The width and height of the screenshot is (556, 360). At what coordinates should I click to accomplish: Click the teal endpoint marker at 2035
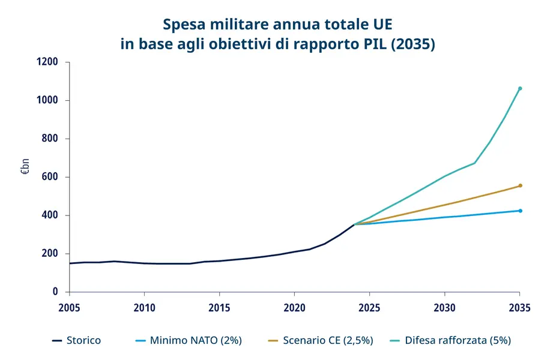pos(520,88)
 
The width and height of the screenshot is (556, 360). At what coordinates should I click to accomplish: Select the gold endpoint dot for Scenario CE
pos(520,185)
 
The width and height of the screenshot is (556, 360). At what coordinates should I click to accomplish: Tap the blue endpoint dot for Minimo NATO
pos(520,211)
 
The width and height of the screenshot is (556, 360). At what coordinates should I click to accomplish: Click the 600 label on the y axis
pos(51,177)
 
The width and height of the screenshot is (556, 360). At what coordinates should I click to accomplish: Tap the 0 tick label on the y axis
pos(55,292)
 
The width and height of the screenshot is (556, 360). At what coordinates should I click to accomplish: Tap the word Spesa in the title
pos(183,25)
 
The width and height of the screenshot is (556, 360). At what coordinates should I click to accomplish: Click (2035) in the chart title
pos(412,45)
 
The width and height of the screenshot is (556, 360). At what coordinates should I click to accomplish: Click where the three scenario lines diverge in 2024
pos(355,224)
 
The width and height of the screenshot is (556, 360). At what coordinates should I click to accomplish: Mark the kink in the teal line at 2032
pos(475,163)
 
